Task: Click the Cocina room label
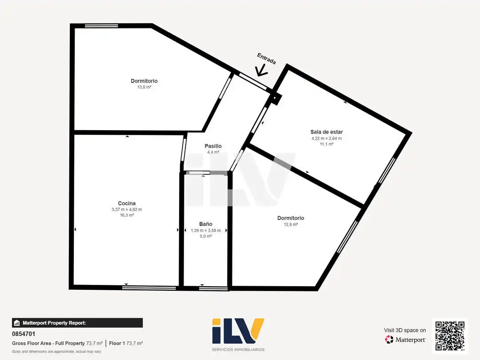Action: click(127, 203)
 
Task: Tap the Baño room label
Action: click(206, 224)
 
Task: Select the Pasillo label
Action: click(213, 146)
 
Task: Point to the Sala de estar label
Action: click(327, 132)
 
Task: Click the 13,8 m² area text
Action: click(144, 87)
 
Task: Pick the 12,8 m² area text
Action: click(291, 224)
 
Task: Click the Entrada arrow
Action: click(262, 70)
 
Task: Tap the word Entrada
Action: click(266, 59)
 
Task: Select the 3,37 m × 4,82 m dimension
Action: click(127, 210)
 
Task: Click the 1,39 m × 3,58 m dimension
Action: click(206, 231)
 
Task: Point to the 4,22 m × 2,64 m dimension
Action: click(327, 138)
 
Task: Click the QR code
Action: click(450, 336)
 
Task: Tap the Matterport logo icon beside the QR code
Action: click(389, 340)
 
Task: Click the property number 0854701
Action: click(24, 334)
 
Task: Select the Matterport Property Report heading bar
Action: click(77, 323)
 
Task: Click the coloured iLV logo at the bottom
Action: click(238, 331)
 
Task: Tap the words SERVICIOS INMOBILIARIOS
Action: click(238, 349)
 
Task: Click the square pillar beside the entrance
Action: click(275, 98)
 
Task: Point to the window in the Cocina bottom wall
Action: click(149, 288)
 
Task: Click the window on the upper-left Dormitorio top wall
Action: click(101, 26)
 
